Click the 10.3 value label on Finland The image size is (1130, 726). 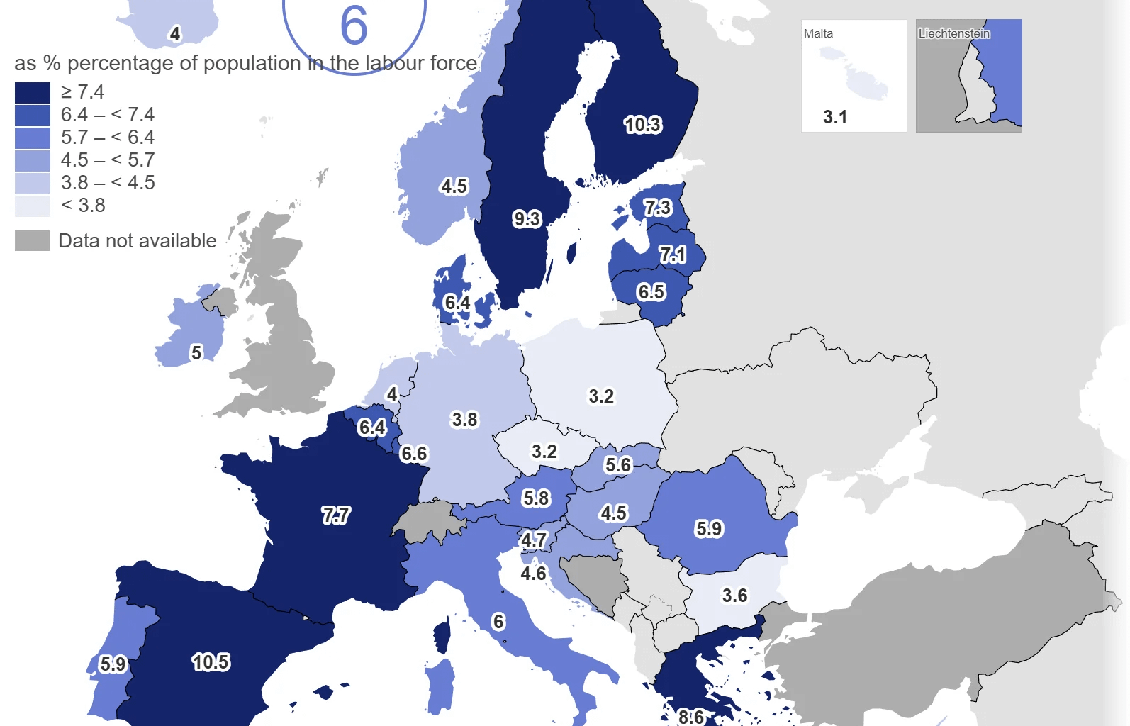642,125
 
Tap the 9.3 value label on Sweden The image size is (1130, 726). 527,218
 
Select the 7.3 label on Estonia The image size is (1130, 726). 657,208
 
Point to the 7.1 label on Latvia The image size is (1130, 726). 672,254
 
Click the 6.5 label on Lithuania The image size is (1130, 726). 651,291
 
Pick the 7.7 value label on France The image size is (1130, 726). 335,515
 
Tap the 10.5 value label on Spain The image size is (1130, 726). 211,662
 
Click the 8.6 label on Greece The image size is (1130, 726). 690,717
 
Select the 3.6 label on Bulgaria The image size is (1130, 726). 734,596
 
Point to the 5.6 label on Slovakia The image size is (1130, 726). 617,465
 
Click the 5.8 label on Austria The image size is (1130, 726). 536,498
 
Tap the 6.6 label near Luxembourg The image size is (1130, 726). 414,454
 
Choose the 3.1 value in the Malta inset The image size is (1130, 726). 835,117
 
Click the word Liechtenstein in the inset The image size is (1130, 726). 954,33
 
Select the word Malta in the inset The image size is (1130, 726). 818,33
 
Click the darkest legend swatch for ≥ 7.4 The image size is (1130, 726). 33,92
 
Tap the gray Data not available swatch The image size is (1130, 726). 33,240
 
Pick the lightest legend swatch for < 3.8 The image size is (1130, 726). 33,206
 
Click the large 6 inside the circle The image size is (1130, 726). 354,26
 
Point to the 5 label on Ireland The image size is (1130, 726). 196,352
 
